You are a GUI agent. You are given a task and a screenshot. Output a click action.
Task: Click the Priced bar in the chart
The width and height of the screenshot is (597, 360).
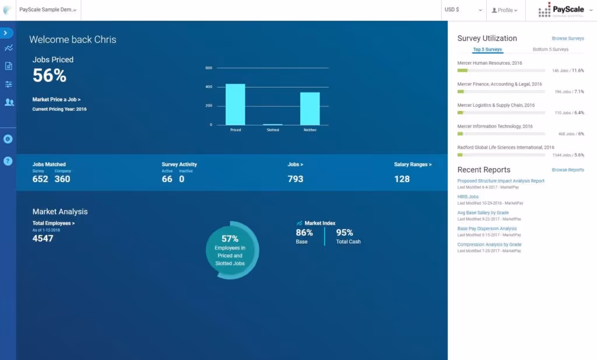coord(235,104)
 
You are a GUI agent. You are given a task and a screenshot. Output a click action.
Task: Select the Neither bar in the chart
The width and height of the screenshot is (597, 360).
coord(310,109)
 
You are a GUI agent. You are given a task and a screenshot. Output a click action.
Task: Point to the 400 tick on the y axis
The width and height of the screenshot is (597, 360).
coord(209,87)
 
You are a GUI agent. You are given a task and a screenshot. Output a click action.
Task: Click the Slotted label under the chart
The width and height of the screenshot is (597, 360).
coord(272,130)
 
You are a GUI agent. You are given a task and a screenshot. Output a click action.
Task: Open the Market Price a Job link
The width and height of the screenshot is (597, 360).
coord(57,100)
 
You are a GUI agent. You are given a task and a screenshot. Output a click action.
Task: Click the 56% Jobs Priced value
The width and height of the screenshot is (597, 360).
coord(50,75)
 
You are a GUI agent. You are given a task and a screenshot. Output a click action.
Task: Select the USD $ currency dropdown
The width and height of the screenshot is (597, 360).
coord(463,10)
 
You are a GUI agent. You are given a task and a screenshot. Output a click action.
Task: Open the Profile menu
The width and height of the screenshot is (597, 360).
coord(505,10)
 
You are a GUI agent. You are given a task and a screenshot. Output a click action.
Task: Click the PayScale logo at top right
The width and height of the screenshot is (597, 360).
coord(561,10)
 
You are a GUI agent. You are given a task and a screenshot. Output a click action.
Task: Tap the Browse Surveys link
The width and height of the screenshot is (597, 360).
coord(567,39)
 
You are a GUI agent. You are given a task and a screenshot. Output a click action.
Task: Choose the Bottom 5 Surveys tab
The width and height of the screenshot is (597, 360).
coord(550,50)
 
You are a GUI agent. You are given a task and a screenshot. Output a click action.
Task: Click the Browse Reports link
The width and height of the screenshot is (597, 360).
coord(567,170)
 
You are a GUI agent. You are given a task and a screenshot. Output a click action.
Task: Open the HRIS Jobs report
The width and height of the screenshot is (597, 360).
coord(468,197)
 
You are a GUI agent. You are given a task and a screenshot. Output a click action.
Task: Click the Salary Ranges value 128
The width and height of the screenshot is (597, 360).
coord(402,179)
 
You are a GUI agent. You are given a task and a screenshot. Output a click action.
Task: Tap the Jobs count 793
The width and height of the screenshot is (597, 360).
coord(296,179)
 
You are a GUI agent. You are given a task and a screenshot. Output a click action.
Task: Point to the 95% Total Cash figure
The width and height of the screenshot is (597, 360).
coord(345,233)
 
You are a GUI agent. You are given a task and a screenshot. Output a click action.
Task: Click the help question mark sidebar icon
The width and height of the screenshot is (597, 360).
coord(8,161)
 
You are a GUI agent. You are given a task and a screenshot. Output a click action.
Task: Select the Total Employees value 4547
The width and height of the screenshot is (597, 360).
coord(43,239)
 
